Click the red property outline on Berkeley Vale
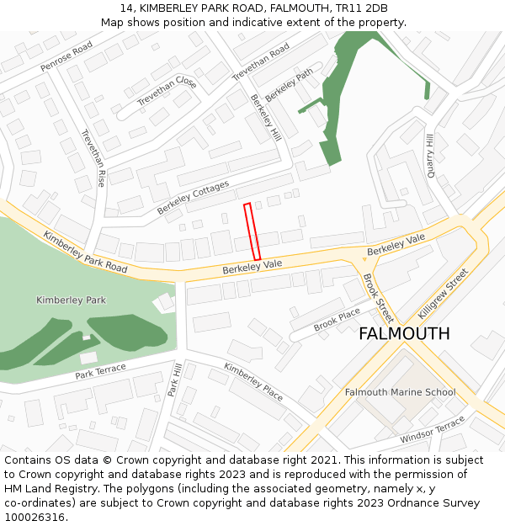pyautogui.click(x=252, y=231)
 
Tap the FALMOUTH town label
pyautogui.click(x=404, y=333)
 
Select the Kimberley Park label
pyautogui.click(x=72, y=300)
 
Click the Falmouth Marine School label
pyautogui.click(x=400, y=392)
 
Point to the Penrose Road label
pyautogui.click(x=66, y=57)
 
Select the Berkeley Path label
pyautogui.click(x=289, y=85)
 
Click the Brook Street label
pyautogui.click(x=378, y=298)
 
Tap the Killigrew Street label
pyautogui.click(x=442, y=294)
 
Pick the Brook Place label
pyautogui.click(x=337, y=321)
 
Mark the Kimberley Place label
pyautogui.click(x=253, y=381)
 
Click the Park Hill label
pyautogui.click(x=175, y=380)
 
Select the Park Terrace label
pyautogui.click(x=100, y=370)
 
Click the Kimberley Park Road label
pyautogui.click(x=84, y=252)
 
